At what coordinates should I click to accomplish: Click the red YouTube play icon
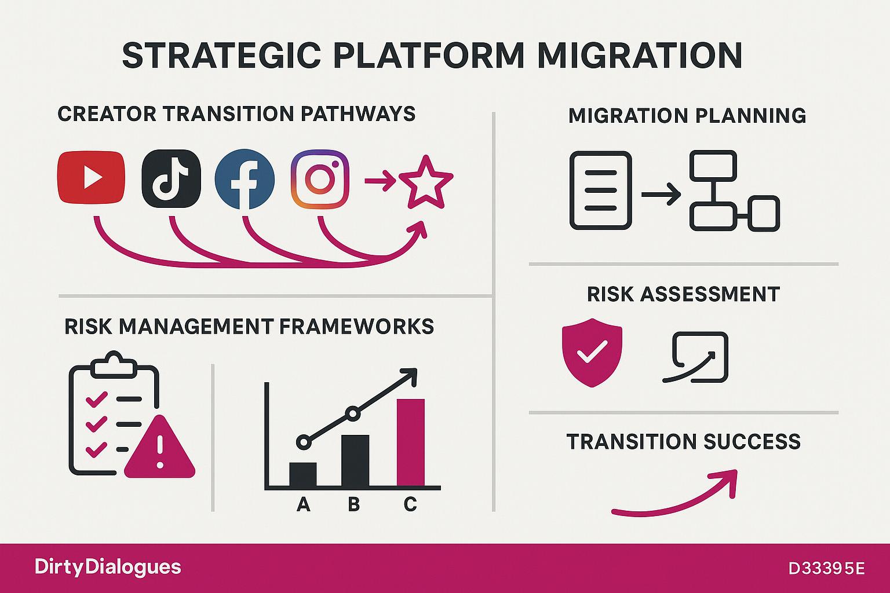click(92, 178)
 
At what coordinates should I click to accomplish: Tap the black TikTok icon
click(172, 178)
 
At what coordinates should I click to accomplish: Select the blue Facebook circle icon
click(245, 179)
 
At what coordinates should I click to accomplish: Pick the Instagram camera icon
click(320, 179)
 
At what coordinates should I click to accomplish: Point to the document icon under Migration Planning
click(600, 191)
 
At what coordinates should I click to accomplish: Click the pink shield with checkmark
click(592, 352)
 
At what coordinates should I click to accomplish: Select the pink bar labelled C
click(410, 442)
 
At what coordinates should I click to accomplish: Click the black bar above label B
click(355, 460)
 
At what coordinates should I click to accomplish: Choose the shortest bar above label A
click(303, 474)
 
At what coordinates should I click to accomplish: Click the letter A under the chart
click(304, 504)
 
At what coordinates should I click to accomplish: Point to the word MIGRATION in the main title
click(639, 55)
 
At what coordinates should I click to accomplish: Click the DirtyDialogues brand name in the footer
click(108, 567)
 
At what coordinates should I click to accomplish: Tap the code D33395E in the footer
click(826, 569)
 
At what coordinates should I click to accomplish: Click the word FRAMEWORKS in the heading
click(356, 327)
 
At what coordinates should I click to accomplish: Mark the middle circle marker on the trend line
click(352, 414)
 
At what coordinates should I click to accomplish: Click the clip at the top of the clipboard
click(114, 365)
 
